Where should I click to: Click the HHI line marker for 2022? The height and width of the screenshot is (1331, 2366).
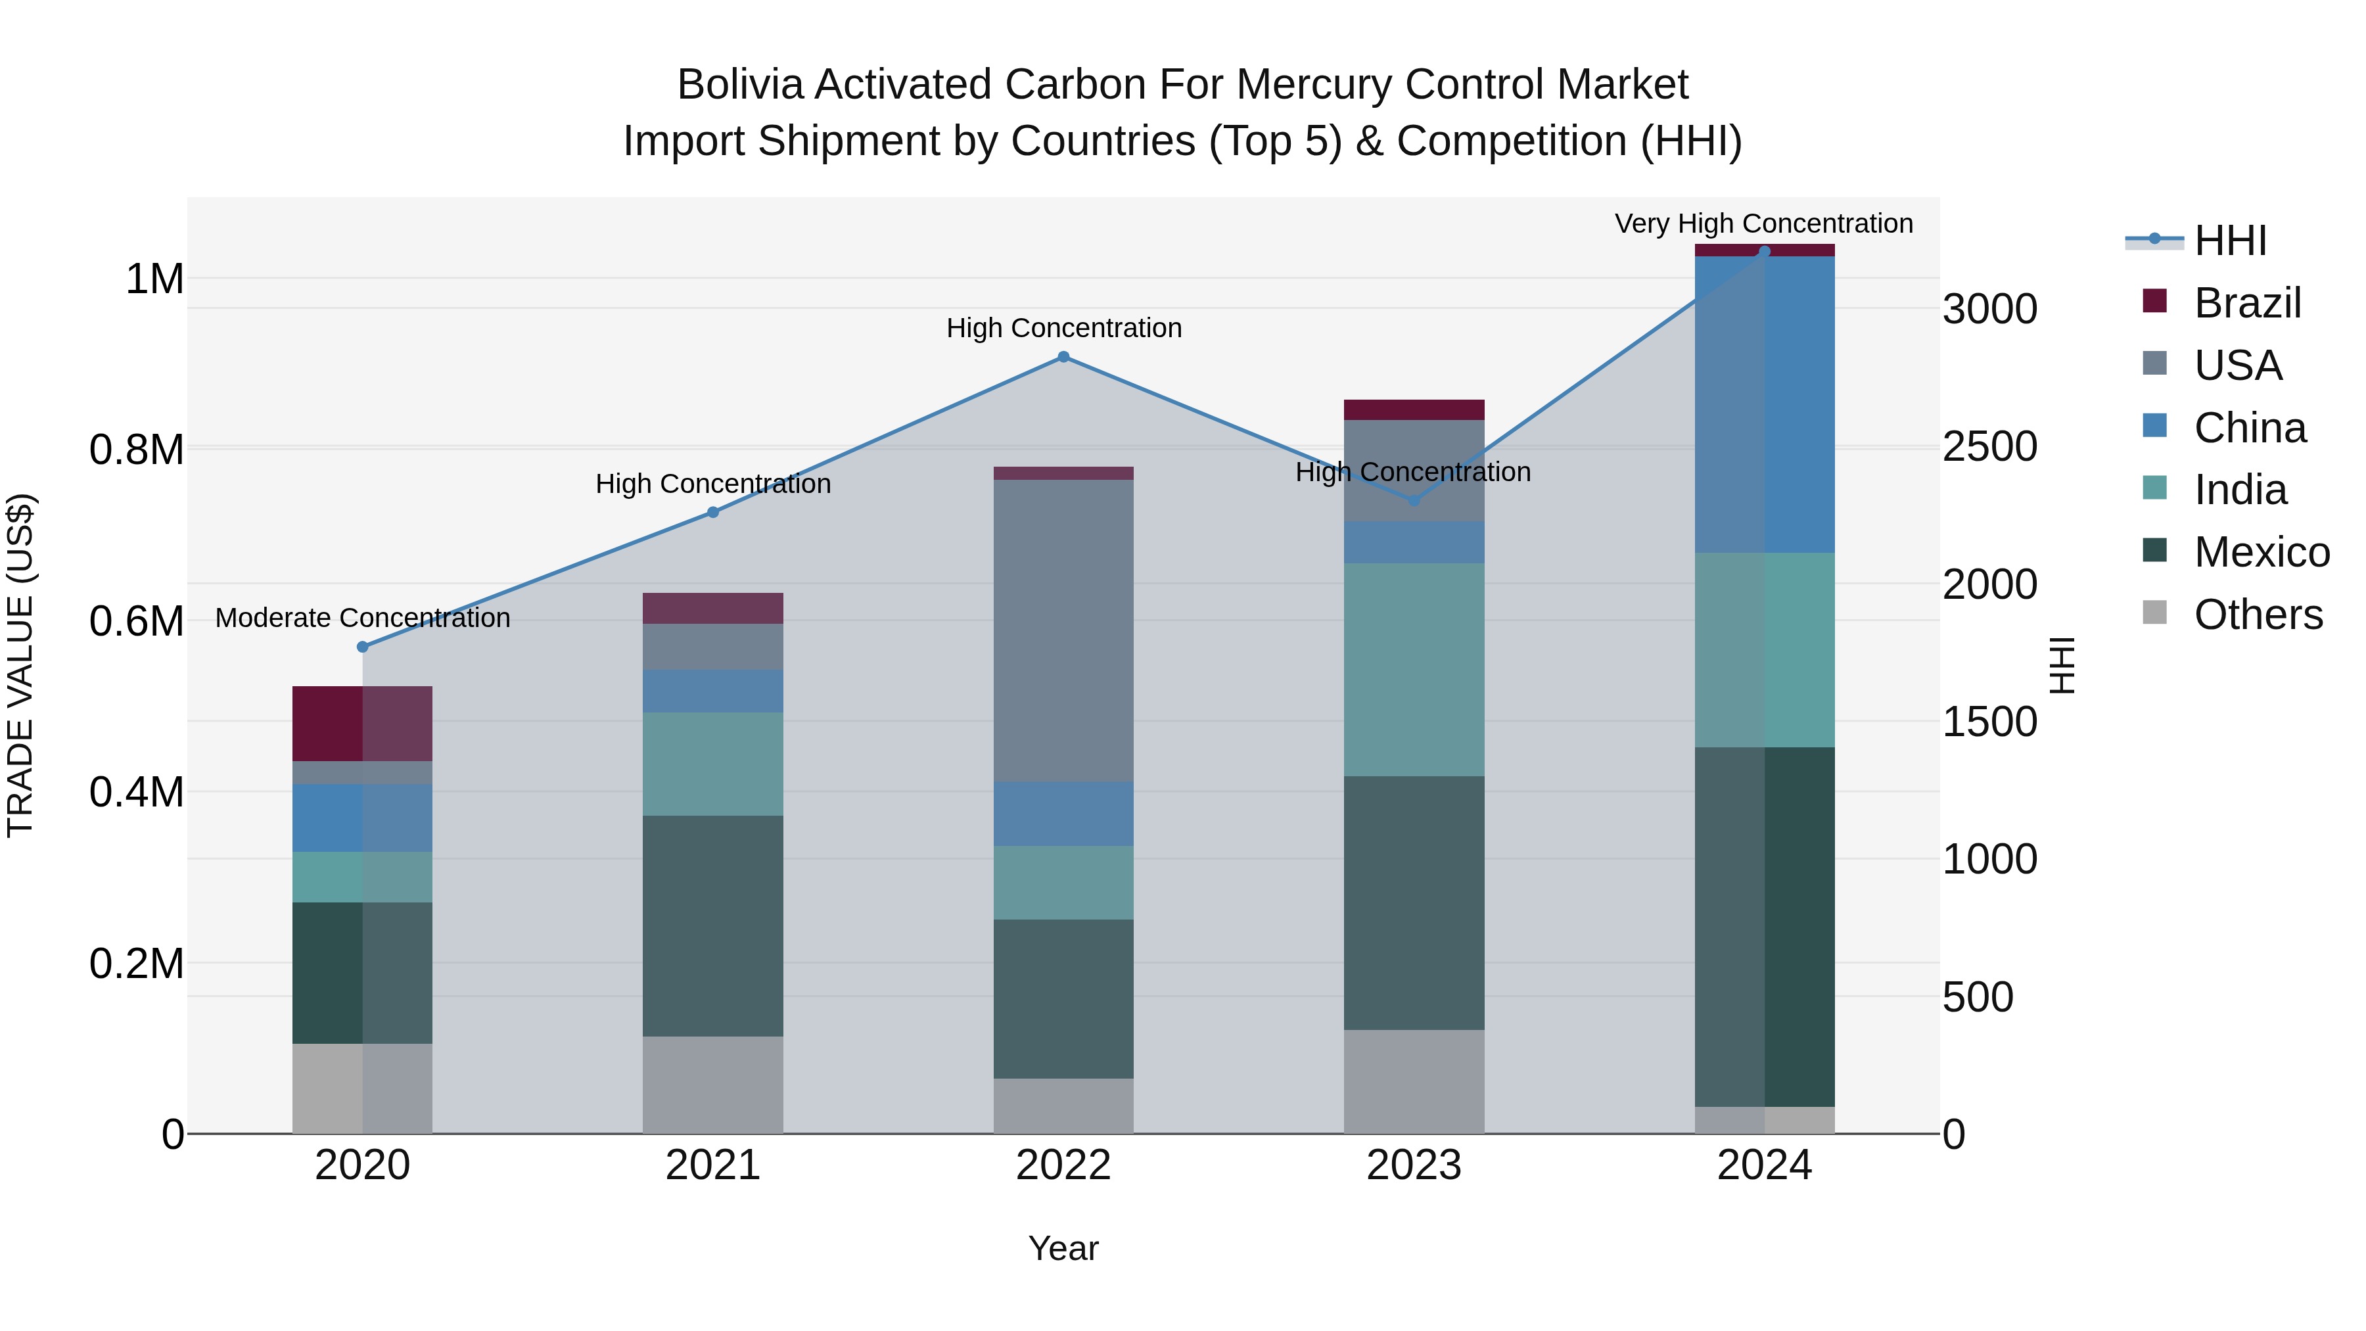(x=1063, y=358)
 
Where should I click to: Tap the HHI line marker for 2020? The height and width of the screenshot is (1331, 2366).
(x=363, y=647)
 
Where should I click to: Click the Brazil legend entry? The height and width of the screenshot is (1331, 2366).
(x=2246, y=303)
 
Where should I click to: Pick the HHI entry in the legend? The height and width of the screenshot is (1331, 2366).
(x=2229, y=241)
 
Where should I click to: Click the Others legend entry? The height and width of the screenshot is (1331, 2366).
(x=2257, y=615)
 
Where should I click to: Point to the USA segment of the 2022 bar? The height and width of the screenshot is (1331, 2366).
(x=1063, y=630)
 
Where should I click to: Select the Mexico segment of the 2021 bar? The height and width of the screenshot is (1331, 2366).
(x=712, y=926)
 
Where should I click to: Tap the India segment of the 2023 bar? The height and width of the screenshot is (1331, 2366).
(x=1414, y=670)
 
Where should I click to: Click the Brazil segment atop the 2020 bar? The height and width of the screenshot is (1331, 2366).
(x=362, y=724)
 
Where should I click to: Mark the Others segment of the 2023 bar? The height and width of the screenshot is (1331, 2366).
(x=1414, y=1081)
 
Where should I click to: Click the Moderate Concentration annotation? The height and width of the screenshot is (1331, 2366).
(x=363, y=619)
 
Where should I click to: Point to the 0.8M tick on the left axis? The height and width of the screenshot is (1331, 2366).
(x=136, y=450)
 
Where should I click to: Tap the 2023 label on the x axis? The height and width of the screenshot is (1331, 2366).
(x=1414, y=1165)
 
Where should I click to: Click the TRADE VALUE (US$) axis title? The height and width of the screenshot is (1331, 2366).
(x=21, y=665)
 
